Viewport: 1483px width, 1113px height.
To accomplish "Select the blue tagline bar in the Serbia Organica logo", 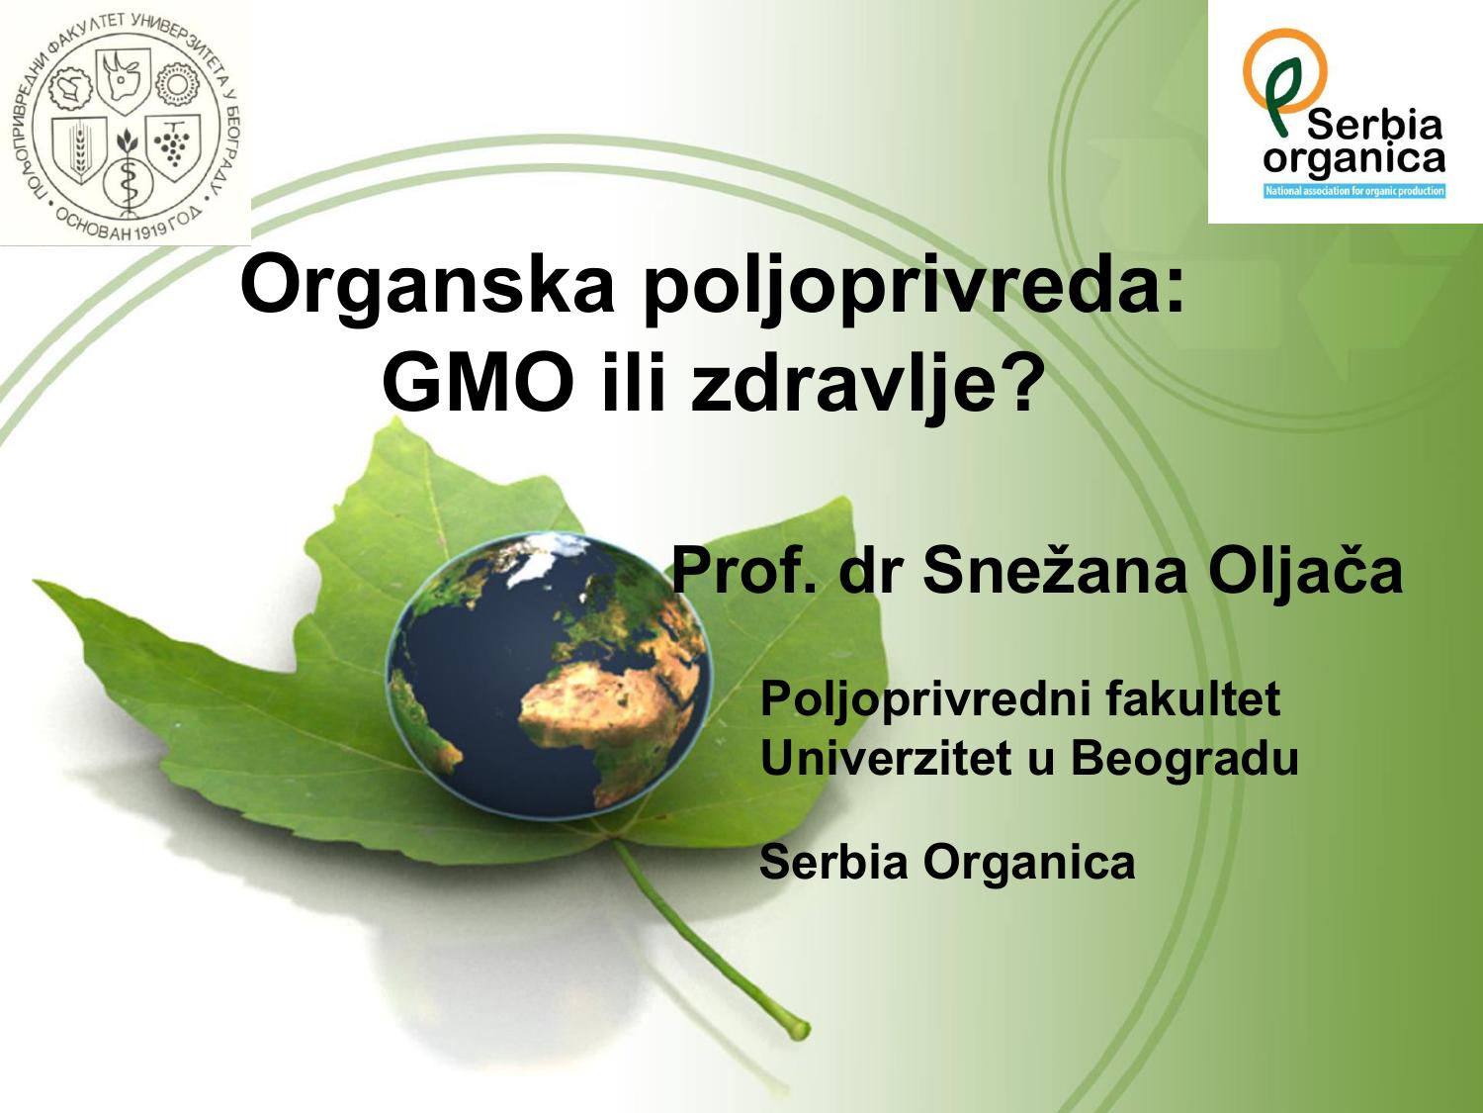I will point(1354,190).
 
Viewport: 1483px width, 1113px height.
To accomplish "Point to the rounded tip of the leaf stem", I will point(800,1029).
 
